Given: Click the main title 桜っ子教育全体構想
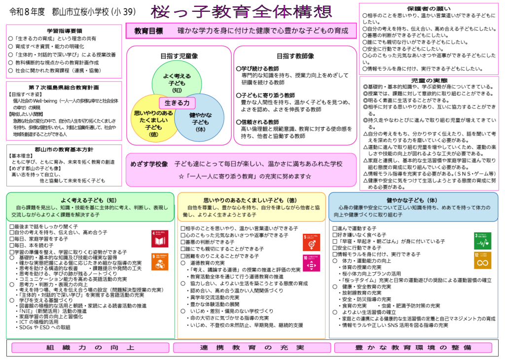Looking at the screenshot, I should click(x=241, y=11).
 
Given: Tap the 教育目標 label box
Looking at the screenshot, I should click(x=149, y=31).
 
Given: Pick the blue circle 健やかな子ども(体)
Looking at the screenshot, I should click(x=201, y=118).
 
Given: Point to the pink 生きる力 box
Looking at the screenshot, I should click(x=177, y=103).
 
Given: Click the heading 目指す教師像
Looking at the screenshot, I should click(x=295, y=56).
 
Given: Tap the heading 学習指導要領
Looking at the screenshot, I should click(x=64, y=31).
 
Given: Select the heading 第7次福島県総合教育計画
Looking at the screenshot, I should click(x=64, y=87).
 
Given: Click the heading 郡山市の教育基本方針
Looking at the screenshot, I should click(x=64, y=149).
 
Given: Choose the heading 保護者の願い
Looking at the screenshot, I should click(x=429, y=8).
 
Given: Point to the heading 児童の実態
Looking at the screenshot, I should click(x=429, y=80).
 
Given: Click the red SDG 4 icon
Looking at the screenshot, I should click(x=159, y=238).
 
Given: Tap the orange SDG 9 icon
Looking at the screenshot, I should click(x=159, y=261).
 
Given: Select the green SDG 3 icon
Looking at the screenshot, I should click(x=482, y=240).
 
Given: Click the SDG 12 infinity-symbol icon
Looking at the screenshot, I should click(x=482, y=260).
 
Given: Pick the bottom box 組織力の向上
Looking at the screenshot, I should click(x=90, y=348).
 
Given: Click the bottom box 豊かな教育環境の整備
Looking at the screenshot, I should click(x=413, y=348).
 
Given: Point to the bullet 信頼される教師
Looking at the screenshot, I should click(x=258, y=122).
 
